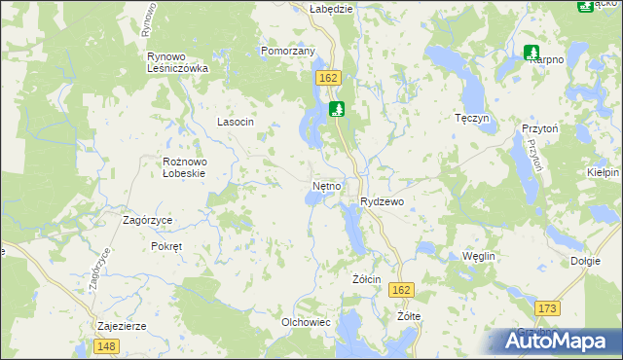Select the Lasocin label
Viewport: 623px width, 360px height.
click(235, 122)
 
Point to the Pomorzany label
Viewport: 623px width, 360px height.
click(287, 51)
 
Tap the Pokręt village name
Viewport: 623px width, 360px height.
click(166, 246)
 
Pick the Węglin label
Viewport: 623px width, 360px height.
click(479, 255)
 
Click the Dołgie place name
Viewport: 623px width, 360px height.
click(585, 261)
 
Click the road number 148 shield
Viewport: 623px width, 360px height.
click(107, 346)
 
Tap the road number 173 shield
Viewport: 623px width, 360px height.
click(548, 308)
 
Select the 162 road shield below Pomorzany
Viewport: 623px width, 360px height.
click(328, 76)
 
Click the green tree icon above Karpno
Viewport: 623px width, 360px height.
click(531, 51)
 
